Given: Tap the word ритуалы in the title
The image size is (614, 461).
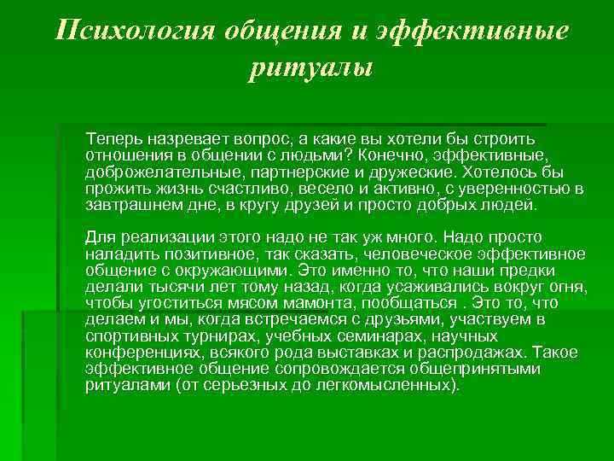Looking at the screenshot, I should pyautogui.click(x=311, y=67).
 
